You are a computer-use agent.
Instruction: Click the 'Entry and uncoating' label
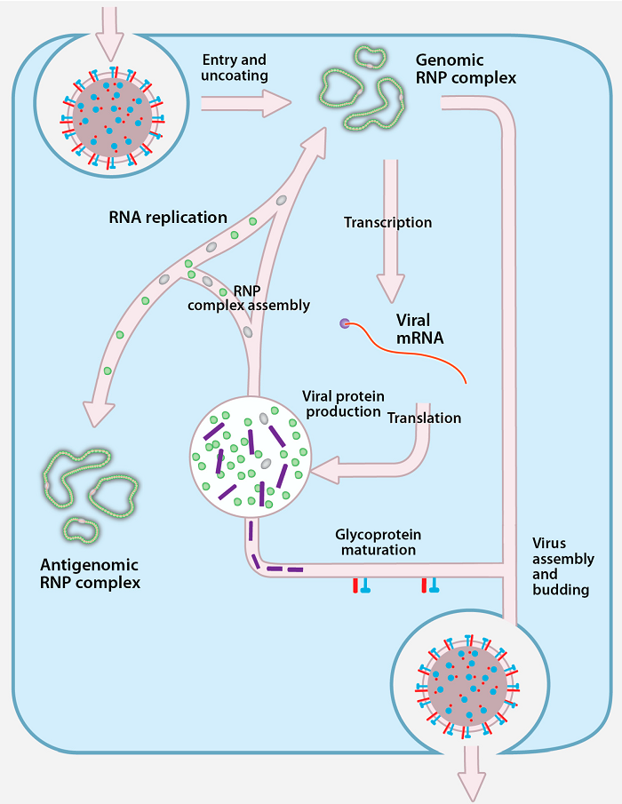[x=235, y=68]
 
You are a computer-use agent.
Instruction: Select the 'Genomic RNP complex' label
[x=466, y=69]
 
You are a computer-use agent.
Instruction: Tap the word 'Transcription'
[x=387, y=222]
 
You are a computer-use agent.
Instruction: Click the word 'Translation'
[x=425, y=418]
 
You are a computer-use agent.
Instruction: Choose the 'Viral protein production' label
[x=342, y=403]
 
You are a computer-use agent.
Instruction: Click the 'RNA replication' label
[x=168, y=217]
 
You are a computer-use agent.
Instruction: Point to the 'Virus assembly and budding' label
[x=562, y=566]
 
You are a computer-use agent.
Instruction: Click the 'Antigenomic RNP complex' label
[x=90, y=574]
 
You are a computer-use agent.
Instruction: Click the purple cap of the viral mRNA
[x=344, y=323]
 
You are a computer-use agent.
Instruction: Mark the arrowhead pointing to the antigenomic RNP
[x=99, y=410]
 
